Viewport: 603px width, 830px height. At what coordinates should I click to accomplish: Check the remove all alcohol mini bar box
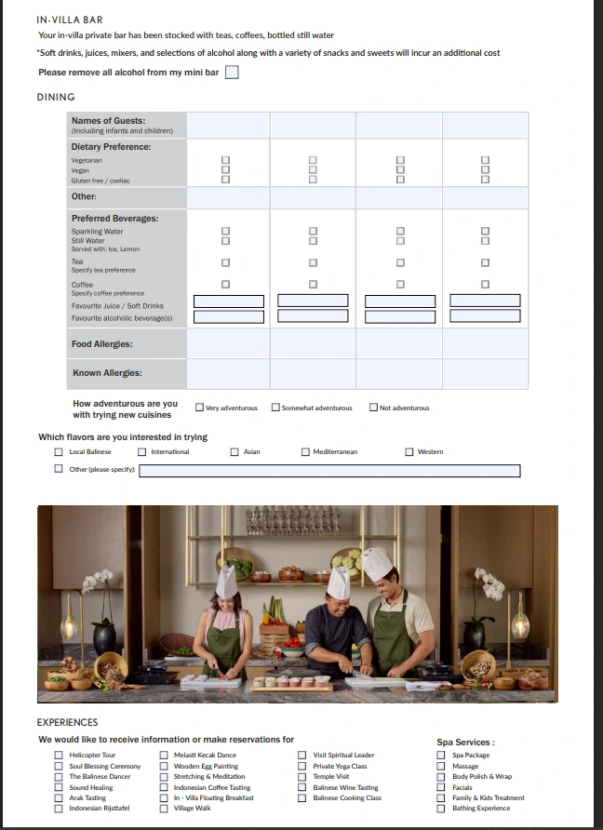pos(232,72)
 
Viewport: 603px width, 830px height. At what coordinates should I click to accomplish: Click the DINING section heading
pos(56,97)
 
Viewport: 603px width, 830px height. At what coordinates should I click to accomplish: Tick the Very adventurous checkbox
pos(199,407)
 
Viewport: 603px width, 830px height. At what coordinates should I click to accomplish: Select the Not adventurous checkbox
pos(374,407)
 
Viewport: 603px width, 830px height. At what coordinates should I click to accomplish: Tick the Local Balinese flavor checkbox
pos(59,451)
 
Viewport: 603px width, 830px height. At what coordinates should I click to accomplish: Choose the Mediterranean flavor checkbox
pos(305,451)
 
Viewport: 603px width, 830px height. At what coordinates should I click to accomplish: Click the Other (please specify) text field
pos(329,471)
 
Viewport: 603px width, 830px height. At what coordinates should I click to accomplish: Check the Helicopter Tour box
pos(59,755)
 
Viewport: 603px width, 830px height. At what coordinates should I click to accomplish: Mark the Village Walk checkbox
pos(164,809)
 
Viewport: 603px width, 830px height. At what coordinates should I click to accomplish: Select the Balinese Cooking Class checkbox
pos(301,797)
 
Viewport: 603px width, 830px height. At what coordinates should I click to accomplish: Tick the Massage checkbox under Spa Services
pos(441,766)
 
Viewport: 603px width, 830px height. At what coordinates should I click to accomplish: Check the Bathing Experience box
pos(441,809)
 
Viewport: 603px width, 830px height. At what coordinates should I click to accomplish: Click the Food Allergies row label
pos(102,344)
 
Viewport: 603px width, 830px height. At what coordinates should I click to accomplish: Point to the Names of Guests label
pos(109,121)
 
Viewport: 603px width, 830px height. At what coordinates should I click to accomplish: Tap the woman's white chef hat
pos(226,582)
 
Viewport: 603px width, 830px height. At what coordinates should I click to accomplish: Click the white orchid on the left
pos(97,580)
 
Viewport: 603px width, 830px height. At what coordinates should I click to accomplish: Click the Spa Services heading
pos(466,743)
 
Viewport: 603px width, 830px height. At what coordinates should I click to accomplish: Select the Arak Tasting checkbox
pos(59,797)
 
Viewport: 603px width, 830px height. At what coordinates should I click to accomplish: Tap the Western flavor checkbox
pos(409,451)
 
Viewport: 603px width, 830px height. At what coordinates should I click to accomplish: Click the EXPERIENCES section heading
pos(67,723)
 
